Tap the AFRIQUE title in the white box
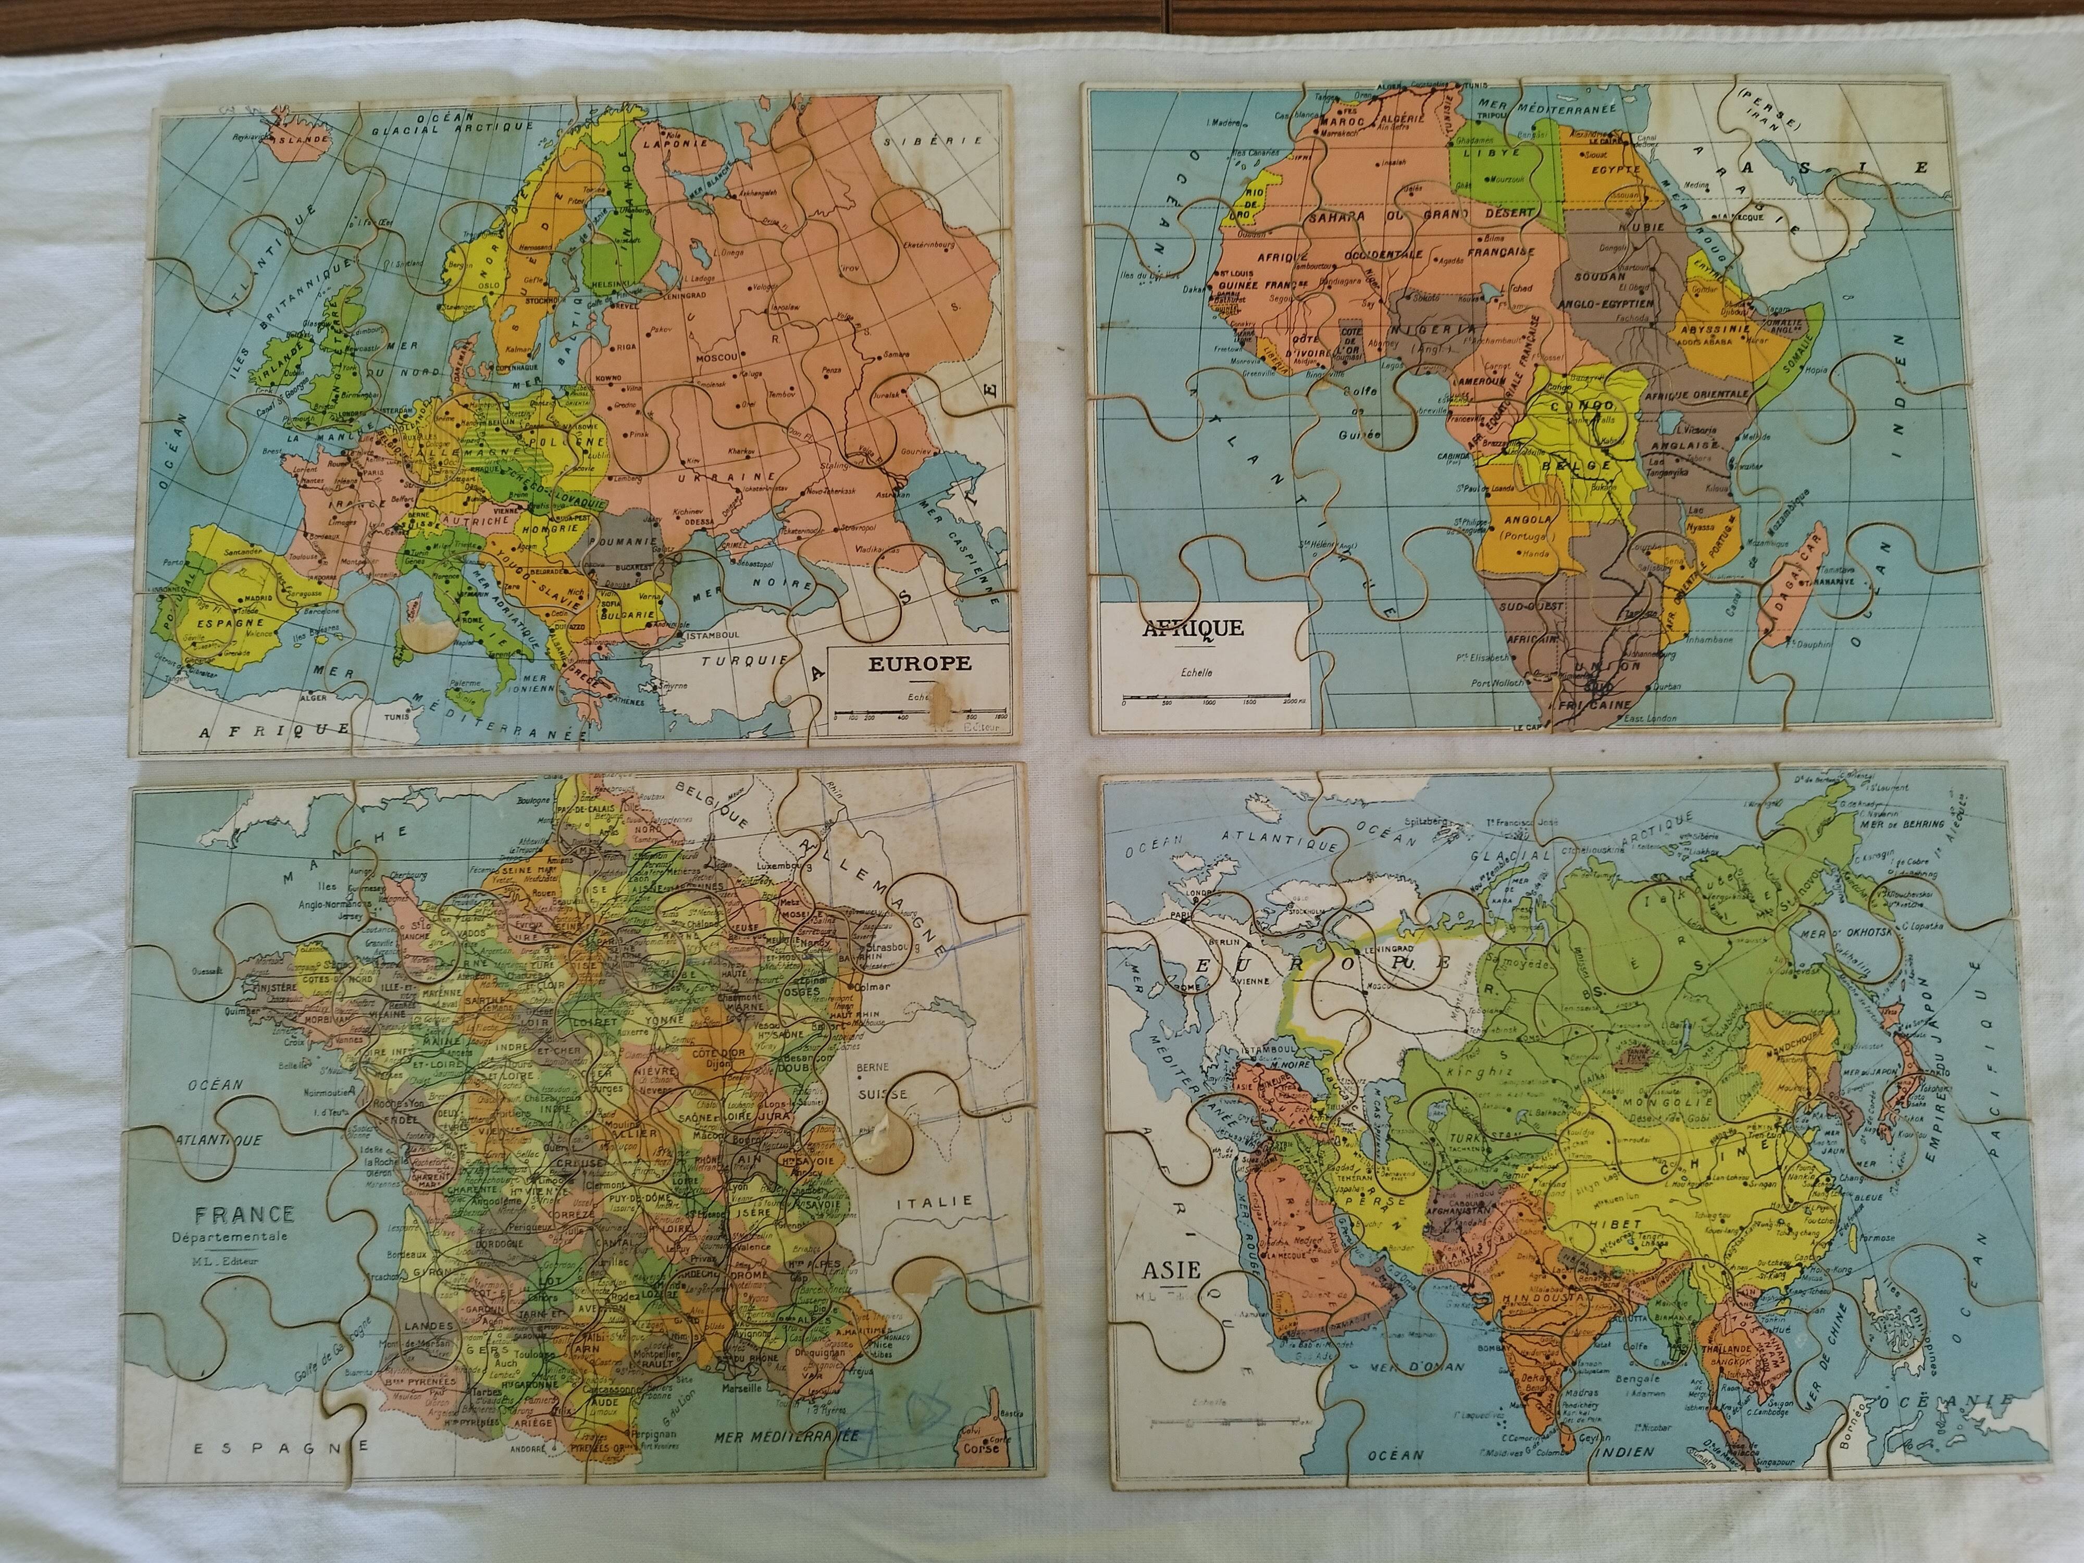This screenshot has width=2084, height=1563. pos(1193,628)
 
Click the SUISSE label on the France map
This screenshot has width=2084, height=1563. pos(882,1094)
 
